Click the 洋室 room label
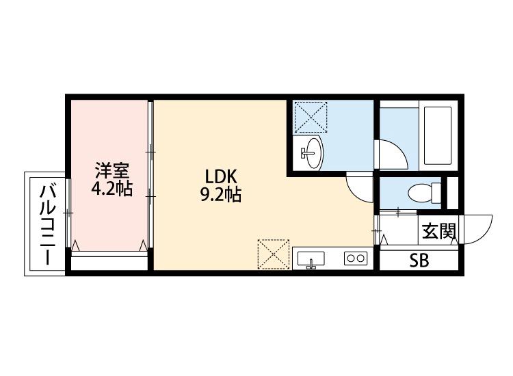pyautogui.click(x=112, y=171)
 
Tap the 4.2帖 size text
pyautogui.click(x=112, y=188)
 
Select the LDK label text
pyautogui.click(x=220, y=177)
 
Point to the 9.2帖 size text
pyautogui.click(x=220, y=195)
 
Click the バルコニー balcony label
pyautogui.click(x=48, y=225)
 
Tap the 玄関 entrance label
pyautogui.click(x=438, y=232)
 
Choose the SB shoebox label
pyautogui.click(x=419, y=260)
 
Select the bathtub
pyautogui.click(x=438, y=135)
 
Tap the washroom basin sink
pyautogui.click(x=312, y=152)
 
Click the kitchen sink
pyautogui.click(x=311, y=258)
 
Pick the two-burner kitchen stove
pyautogui.click(x=356, y=258)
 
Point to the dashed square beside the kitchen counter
pyautogui.click(x=274, y=254)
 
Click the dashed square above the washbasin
pyautogui.click(x=311, y=117)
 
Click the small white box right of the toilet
pyautogui.click(x=453, y=193)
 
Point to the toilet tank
pyautogui.click(x=436, y=193)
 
